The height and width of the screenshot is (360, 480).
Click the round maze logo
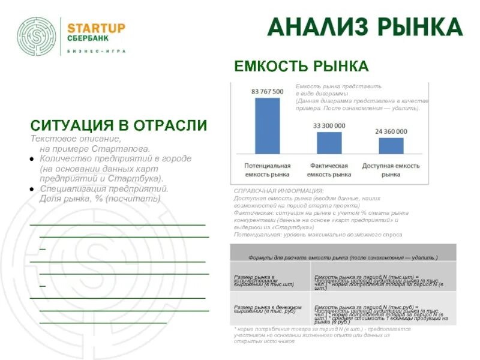pyautogui.click(x=38, y=37)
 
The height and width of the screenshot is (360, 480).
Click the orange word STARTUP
pyautogui.click(x=96, y=28)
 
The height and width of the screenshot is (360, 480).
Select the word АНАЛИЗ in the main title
pyautogui.click(x=317, y=28)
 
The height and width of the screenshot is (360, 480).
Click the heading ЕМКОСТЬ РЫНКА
pyautogui.click(x=301, y=66)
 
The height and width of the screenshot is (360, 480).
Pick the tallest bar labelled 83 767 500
pyautogui.click(x=267, y=125)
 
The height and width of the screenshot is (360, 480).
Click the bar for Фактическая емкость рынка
pyautogui.click(x=329, y=143)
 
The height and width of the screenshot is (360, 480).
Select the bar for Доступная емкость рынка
pyautogui.click(x=391, y=146)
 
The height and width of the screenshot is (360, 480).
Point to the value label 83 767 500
pyautogui.click(x=267, y=91)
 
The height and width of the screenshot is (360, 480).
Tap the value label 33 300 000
pyautogui.click(x=329, y=125)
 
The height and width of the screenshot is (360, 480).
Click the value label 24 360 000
pyautogui.click(x=391, y=131)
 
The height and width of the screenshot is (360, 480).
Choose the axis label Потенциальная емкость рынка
pyautogui.click(x=267, y=169)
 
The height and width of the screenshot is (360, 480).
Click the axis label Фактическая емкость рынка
pyautogui.click(x=329, y=169)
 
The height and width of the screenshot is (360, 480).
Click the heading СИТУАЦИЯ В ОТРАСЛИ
pyautogui.click(x=119, y=125)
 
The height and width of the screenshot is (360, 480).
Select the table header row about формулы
pyautogui.click(x=343, y=257)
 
